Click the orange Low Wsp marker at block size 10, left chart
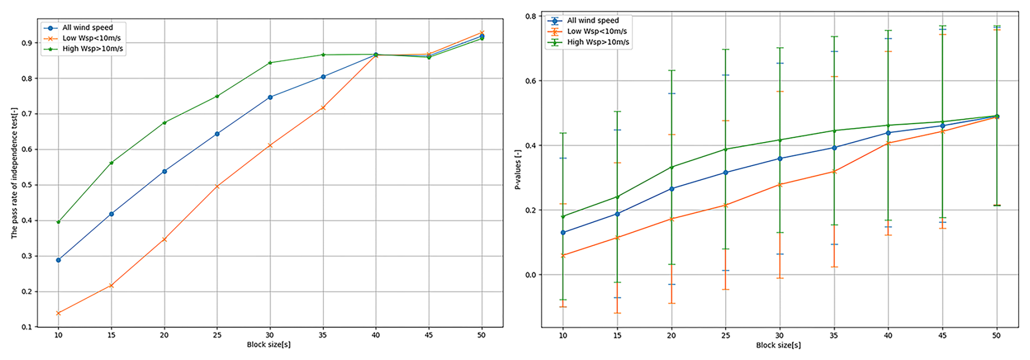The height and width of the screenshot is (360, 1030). (x=58, y=313)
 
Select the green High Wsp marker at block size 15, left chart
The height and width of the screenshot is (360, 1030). (x=112, y=163)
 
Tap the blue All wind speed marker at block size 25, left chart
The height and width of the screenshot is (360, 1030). (x=217, y=133)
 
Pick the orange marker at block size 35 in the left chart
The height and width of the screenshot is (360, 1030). (x=323, y=108)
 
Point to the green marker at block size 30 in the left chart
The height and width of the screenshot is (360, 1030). (x=270, y=63)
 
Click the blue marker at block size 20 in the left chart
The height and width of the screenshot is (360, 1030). (x=164, y=172)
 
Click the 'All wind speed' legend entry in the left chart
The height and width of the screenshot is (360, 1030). (x=87, y=28)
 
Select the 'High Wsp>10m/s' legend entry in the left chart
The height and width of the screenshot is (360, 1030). (x=93, y=49)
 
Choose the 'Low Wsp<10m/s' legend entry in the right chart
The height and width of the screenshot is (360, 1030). (x=597, y=32)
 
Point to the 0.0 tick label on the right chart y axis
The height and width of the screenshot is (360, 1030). (x=531, y=275)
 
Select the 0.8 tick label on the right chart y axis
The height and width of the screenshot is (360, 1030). (x=531, y=16)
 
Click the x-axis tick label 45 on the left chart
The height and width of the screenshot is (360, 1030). (x=429, y=335)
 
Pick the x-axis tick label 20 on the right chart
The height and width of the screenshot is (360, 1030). (x=671, y=336)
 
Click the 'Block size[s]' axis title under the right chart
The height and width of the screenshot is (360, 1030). (x=778, y=345)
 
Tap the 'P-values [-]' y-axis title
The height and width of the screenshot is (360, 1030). (x=518, y=170)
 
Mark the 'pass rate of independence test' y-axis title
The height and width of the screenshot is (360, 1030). (x=15, y=173)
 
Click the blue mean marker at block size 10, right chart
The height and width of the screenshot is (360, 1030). (x=563, y=233)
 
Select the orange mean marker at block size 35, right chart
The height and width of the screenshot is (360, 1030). (x=833, y=172)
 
